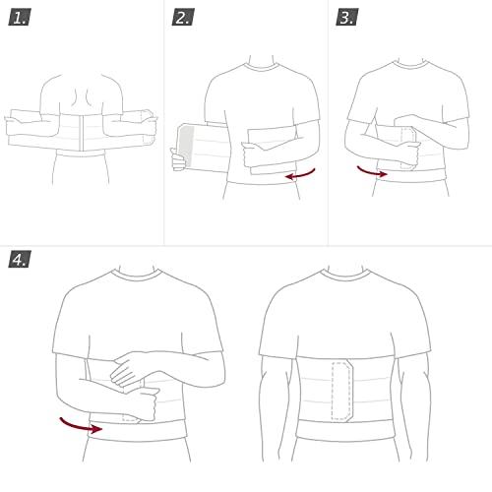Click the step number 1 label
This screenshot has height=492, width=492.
pyautogui.click(x=20, y=18)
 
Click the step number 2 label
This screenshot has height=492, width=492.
pyautogui.click(x=184, y=18)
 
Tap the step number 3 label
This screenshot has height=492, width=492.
pyautogui.click(x=347, y=18)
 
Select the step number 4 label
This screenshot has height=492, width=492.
pyautogui.click(x=20, y=260)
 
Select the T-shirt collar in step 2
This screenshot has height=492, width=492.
pyautogui.click(x=262, y=70)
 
